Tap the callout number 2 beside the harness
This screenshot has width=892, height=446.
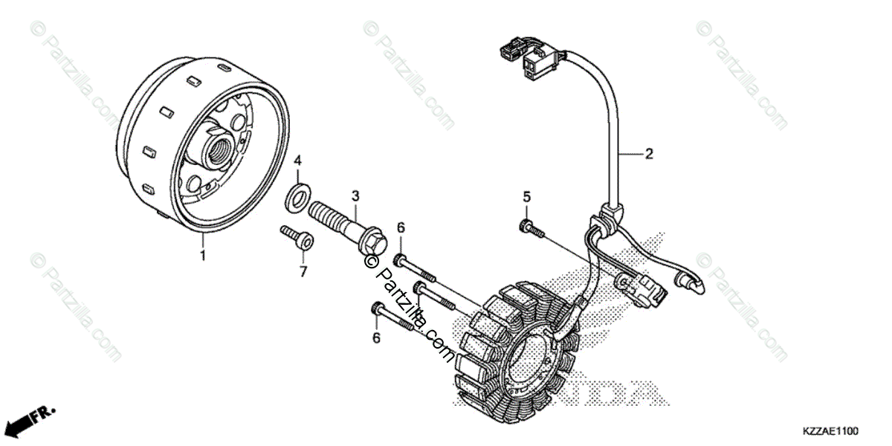point(648,154)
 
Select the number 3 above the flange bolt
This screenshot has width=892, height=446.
point(355,195)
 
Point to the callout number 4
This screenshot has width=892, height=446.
point(297,161)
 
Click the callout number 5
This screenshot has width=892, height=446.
point(526,197)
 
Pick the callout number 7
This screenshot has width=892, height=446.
point(303,272)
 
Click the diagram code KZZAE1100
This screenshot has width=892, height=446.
point(830,431)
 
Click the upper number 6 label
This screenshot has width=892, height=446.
point(400,227)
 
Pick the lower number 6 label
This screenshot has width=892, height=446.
point(376,338)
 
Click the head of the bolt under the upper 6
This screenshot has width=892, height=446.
point(401,259)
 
